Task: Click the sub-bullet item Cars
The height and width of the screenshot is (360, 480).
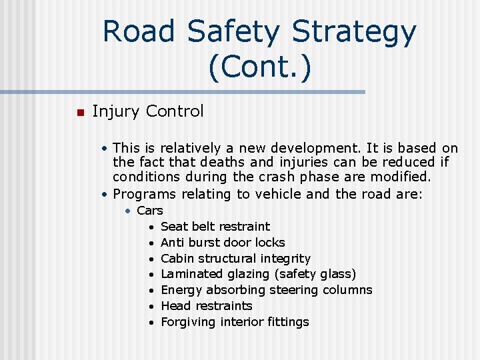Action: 150,211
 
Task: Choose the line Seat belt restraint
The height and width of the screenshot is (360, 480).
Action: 215,227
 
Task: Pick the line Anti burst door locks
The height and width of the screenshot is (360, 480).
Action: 223,243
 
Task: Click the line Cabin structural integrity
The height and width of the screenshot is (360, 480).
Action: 235,259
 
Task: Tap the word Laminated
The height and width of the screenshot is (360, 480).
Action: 191,274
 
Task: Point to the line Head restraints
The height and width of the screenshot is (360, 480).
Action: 207,306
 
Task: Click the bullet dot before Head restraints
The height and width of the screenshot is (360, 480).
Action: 153,307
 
